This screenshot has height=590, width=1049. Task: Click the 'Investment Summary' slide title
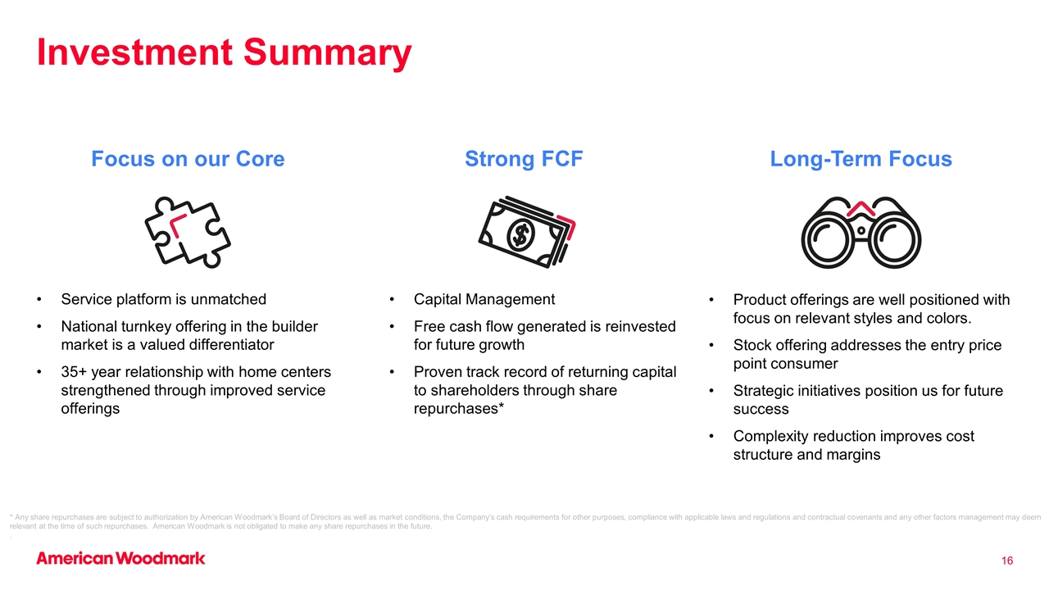pyautogui.click(x=225, y=52)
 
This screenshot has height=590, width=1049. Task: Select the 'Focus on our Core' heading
pyautogui.click(x=188, y=159)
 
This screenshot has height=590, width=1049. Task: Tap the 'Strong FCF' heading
pyautogui.click(x=524, y=159)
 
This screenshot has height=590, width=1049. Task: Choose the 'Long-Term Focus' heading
pyautogui.click(x=861, y=159)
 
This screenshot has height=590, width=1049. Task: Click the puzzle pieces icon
pyautogui.click(x=188, y=232)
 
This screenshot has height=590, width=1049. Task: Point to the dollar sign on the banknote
pyautogui.click(x=520, y=234)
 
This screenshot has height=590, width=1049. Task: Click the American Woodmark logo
pyautogui.click(x=120, y=558)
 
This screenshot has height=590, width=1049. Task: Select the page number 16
pyautogui.click(x=1007, y=560)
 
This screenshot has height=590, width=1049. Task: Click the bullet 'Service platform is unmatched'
pyautogui.click(x=163, y=299)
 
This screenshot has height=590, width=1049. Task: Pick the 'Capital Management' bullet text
pyautogui.click(x=484, y=299)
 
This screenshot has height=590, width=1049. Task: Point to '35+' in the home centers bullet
pyautogui.click(x=74, y=372)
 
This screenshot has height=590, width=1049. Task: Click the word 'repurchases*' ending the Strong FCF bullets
pyautogui.click(x=458, y=409)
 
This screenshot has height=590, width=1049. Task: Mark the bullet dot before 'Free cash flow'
pyautogui.click(x=392, y=326)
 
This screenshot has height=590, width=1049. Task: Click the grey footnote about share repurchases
pyautogui.click(x=525, y=522)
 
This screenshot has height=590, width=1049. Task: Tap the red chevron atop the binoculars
pyautogui.click(x=861, y=208)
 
